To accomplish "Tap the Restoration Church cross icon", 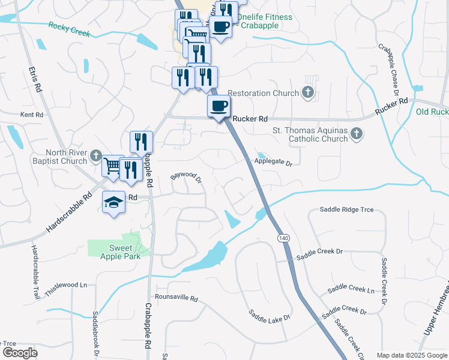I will pyautogui.click(x=308, y=92).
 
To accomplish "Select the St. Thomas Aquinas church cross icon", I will pyautogui.click(x=357, y=134).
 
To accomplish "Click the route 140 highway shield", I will pyautogui.click(x=282, y=238).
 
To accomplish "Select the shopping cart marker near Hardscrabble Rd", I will pyautogui.click(x=112, y=166).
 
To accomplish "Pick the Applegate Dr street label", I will pyautogui.click(x=273, y=163).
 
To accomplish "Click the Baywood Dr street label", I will pyautogui.click(x=185, y=176).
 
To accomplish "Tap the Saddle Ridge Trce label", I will pyautogui.click(x=346, y=209).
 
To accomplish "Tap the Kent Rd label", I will pyautogui.click(x=32, y=114).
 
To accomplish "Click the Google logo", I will pyautogui.click(x=20, y=353).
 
